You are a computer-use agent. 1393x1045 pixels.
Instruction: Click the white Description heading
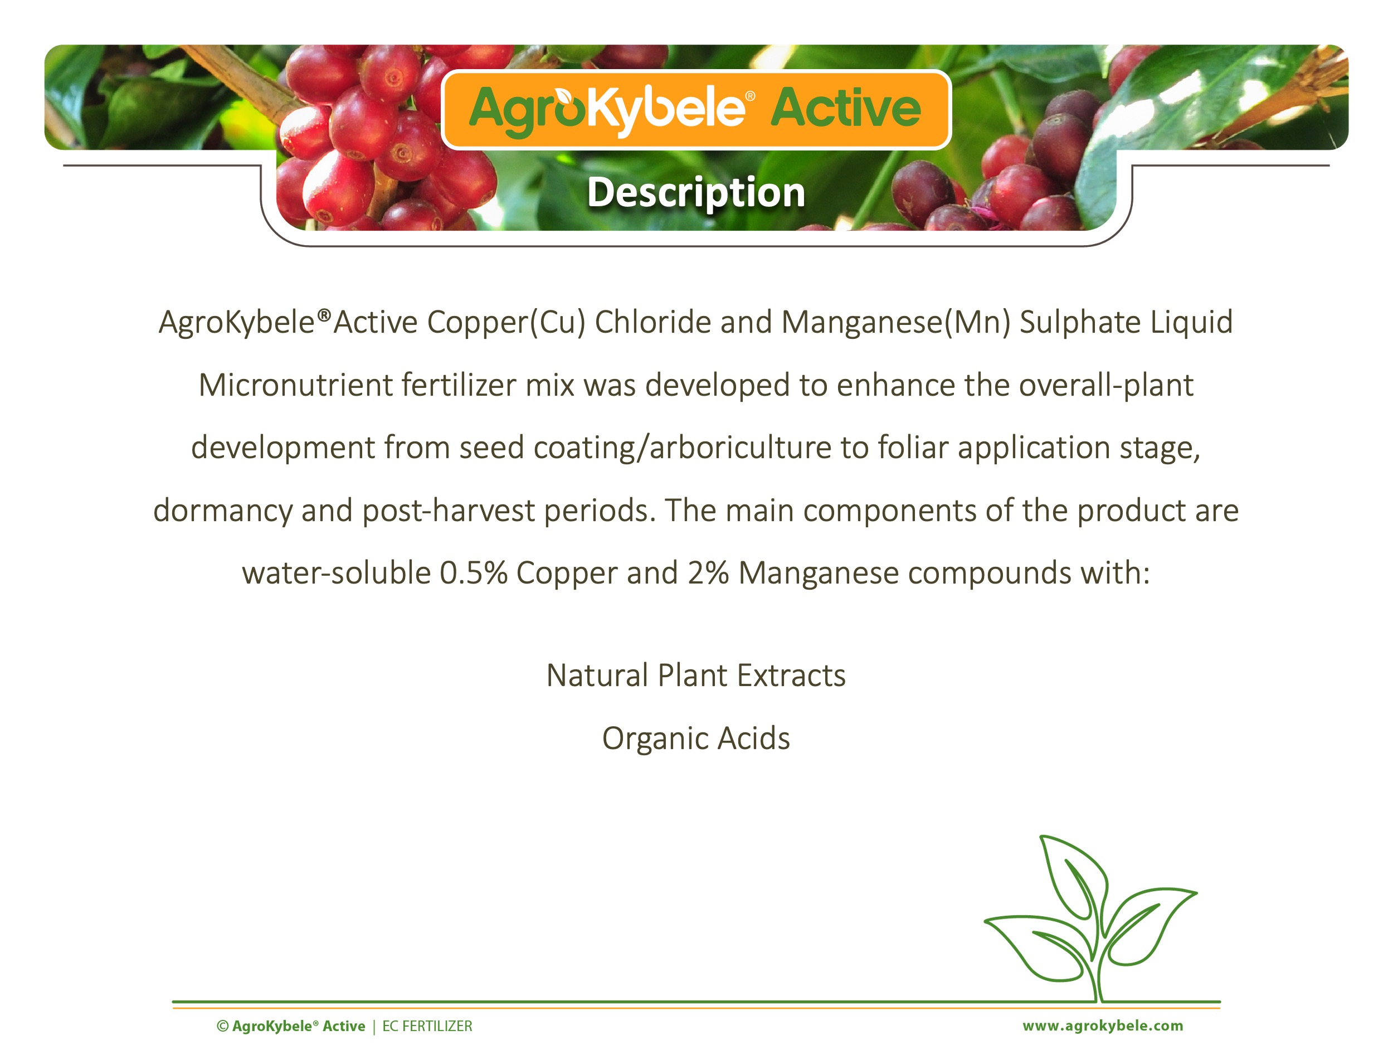[696, 193]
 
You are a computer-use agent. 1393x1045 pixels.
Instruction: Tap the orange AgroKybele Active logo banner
[696, 110]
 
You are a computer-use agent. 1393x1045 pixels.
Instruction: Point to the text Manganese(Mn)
[895, 323]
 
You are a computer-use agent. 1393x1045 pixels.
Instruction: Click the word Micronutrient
[295, 385]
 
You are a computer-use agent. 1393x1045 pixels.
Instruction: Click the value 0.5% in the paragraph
[473, 572]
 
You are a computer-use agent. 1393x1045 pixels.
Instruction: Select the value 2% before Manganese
[708, 572]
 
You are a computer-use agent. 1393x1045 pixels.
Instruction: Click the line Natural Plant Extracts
[696, 675]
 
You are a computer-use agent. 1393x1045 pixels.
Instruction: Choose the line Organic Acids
[696, 738]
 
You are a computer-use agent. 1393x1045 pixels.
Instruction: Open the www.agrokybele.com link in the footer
[1103, 1026]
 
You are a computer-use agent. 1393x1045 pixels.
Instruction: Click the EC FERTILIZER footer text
[427, 1026]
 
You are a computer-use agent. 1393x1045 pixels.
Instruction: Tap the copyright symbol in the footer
[222, 1026]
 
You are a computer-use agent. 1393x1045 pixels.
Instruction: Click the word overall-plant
[1106, 385]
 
